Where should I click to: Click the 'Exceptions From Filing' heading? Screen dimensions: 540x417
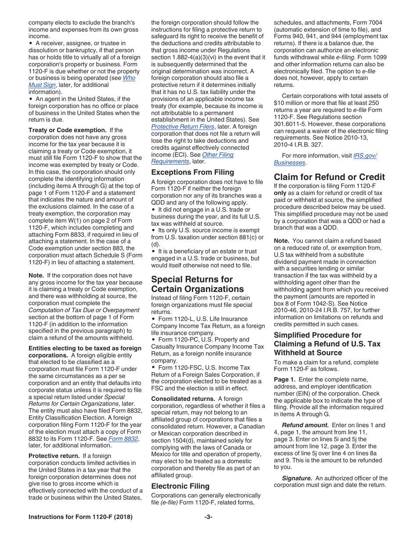click(193, 172)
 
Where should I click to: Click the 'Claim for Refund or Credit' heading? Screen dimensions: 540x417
click(329, 177)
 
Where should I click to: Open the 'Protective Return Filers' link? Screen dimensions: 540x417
click(183, 126)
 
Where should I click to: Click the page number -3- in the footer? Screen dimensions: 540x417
click(208, 517)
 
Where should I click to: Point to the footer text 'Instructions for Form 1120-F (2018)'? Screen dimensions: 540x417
click(80, 517)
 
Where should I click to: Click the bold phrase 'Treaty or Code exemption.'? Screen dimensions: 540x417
click(68, 130)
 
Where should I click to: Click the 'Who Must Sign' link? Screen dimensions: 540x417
click(129, 78)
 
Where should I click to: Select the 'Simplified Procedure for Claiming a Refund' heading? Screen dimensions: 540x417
click(327, 344)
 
